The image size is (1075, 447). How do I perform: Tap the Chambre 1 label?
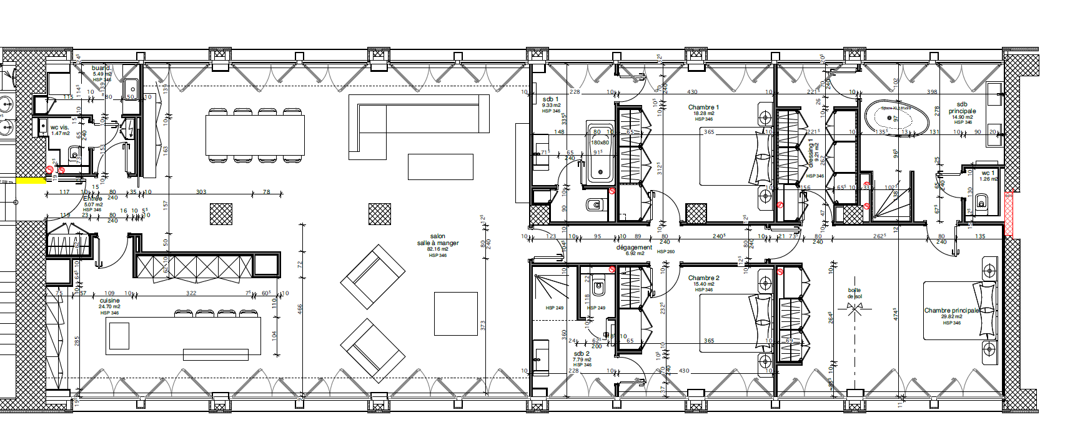tap(703, 108)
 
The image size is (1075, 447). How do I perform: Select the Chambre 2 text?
tap(703, 278)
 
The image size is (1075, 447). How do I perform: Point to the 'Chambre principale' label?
tap(951, 311)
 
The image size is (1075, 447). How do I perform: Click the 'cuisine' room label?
tap(109, 301)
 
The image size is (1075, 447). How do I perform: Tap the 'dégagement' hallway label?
tap(634, 248)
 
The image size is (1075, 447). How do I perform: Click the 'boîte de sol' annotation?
tap(855, 293)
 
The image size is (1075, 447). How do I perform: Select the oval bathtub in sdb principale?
tap(888, 116)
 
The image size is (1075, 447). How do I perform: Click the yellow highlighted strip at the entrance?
tap(30, 181)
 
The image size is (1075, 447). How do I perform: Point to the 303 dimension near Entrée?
tap(201, 192)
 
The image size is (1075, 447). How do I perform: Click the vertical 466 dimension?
tap(300, 309)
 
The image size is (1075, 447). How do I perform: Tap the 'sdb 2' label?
tap(582, 354)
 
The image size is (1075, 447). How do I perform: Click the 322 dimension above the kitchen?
tap(191, 293)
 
